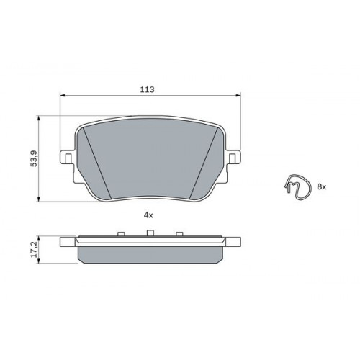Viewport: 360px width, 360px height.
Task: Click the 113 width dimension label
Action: coord(147,89)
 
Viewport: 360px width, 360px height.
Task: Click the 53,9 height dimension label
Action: coord(34,158)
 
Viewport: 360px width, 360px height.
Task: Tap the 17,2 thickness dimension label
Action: coord(35,250)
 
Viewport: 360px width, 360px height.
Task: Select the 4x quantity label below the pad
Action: coord(148,215)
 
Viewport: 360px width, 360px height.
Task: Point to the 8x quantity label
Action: coord(322,186)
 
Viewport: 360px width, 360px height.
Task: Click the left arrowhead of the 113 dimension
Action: coord(62,96)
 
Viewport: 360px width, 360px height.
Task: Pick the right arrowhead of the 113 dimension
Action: coord(238,96)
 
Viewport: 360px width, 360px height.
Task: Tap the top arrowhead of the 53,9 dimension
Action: coord(38,118)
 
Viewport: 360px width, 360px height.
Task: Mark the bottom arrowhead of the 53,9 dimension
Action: coord(38,199)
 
